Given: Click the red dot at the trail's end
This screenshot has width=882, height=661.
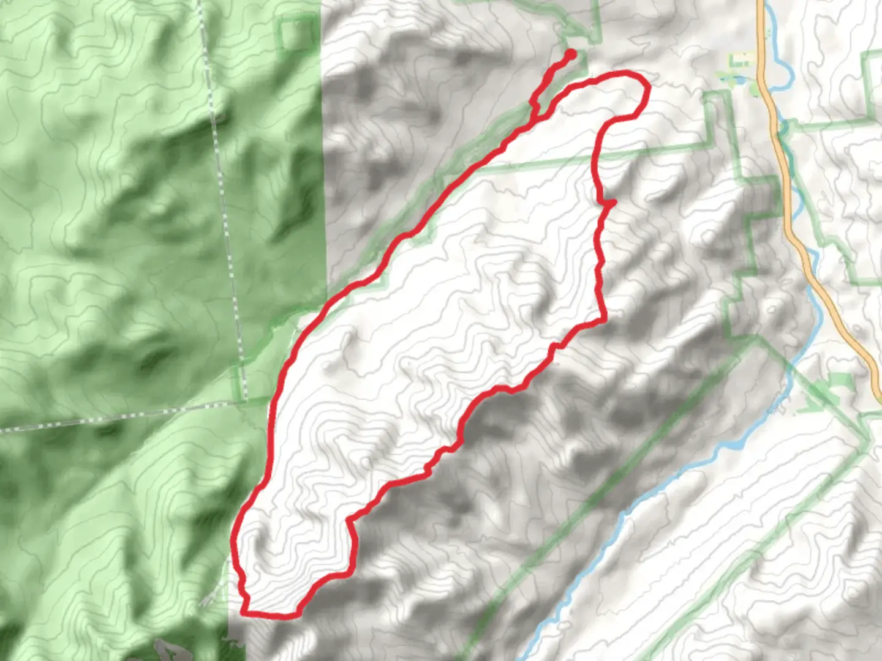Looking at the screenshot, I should (x=570, y=54).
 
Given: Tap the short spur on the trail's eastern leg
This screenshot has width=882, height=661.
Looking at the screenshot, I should (x=610, y=202).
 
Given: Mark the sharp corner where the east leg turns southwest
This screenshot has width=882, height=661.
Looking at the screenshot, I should (x=605, y=319).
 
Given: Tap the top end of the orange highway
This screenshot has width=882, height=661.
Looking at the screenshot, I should (x=761, y=3).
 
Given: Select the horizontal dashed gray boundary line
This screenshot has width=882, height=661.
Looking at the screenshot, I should (x=123, y=417).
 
